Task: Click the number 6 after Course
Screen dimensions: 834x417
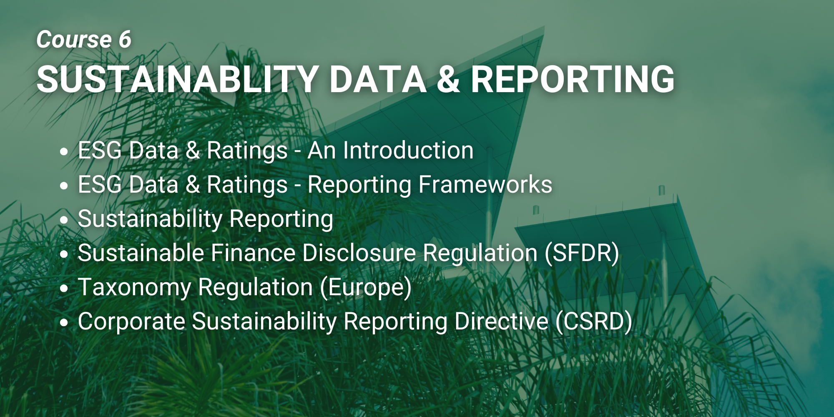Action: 125,40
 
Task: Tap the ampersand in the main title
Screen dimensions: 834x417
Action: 448,79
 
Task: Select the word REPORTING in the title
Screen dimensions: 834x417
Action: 573,79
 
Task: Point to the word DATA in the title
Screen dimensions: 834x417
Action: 378,79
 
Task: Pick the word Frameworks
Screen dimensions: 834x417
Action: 485,184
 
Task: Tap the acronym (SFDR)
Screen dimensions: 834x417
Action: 582,253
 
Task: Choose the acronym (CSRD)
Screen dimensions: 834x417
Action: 594,322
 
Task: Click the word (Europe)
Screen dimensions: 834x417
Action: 366,288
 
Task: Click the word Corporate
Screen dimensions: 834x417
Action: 131,322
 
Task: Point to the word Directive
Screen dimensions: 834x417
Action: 501,321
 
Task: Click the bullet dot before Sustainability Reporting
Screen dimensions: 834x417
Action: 64,220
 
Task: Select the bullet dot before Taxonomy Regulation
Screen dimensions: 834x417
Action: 64,288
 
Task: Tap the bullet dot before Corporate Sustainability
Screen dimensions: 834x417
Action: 64,322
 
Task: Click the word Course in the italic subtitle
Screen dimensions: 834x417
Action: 74,40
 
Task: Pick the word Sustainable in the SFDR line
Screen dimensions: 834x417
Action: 141,253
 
